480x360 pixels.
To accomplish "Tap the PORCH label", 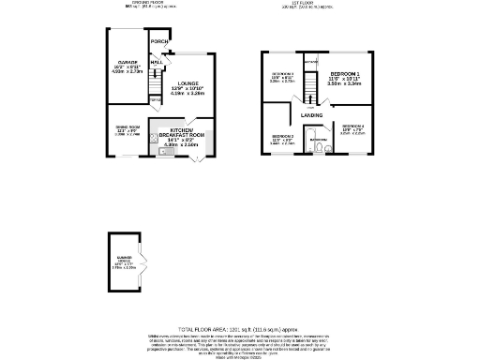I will (159, 42).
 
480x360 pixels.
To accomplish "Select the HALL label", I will (156, 62).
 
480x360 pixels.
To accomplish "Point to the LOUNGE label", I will (188, 83).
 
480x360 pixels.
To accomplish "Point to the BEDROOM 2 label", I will (283, 137).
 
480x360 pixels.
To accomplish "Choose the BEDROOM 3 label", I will (282, 74).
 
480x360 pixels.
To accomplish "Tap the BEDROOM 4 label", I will (353, 126).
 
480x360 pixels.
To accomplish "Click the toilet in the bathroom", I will (321, 147).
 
